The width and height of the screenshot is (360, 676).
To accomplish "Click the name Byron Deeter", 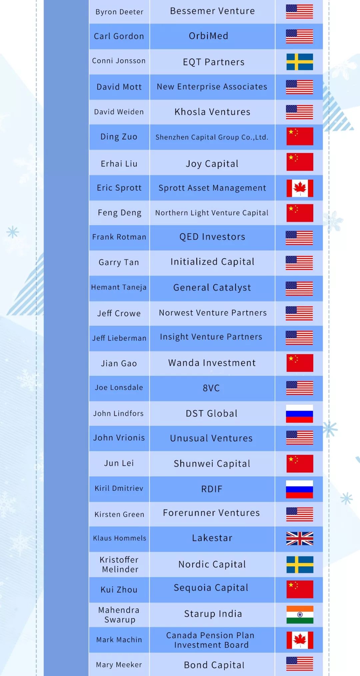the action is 119,12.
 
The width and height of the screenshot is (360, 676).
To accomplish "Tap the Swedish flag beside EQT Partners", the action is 300,62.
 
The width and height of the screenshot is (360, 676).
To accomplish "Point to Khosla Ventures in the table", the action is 212,112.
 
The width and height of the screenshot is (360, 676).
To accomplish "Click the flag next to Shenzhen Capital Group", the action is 300,136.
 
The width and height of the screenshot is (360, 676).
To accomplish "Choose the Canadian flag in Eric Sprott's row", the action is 300,188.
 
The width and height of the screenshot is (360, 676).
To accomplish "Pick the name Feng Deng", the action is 119,213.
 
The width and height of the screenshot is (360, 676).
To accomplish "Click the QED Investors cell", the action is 212,237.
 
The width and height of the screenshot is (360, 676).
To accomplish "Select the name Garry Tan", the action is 119,262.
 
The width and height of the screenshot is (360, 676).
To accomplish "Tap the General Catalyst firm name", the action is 212,288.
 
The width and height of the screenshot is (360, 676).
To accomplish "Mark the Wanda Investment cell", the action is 212,363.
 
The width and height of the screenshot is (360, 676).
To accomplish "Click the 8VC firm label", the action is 211,388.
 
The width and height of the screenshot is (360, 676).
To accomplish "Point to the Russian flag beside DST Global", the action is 300,414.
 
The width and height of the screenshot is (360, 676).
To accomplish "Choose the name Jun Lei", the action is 119,463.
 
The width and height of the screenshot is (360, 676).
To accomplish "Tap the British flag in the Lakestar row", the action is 300,538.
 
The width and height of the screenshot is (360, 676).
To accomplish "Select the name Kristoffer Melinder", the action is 119,564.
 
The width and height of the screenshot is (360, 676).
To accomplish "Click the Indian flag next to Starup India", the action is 300,615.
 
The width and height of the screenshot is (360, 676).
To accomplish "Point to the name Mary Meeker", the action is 119,665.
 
